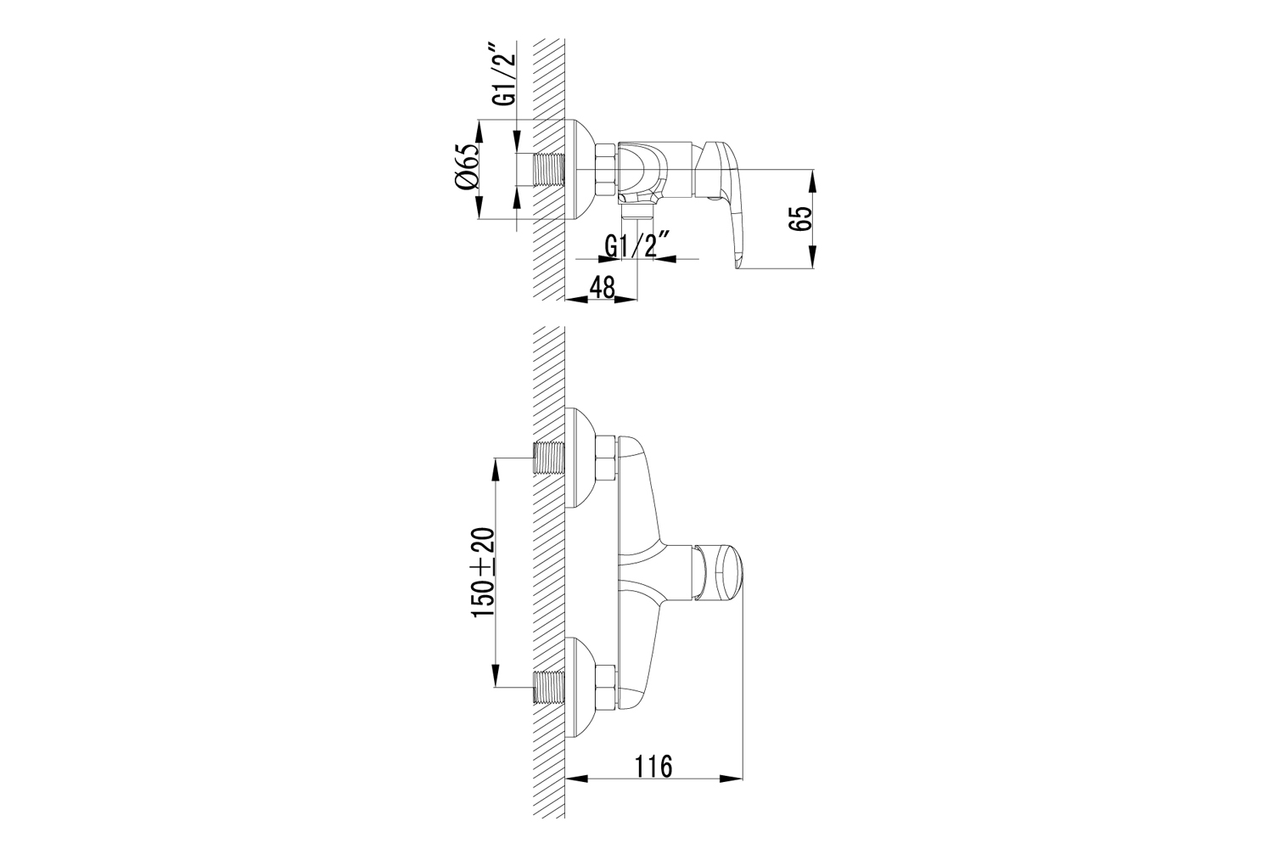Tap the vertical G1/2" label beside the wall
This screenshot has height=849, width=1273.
coord(505,79)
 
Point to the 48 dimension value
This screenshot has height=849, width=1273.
coord(603,288)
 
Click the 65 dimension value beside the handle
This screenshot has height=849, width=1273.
coord(799,218)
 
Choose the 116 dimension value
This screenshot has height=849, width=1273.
coord(653,767)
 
